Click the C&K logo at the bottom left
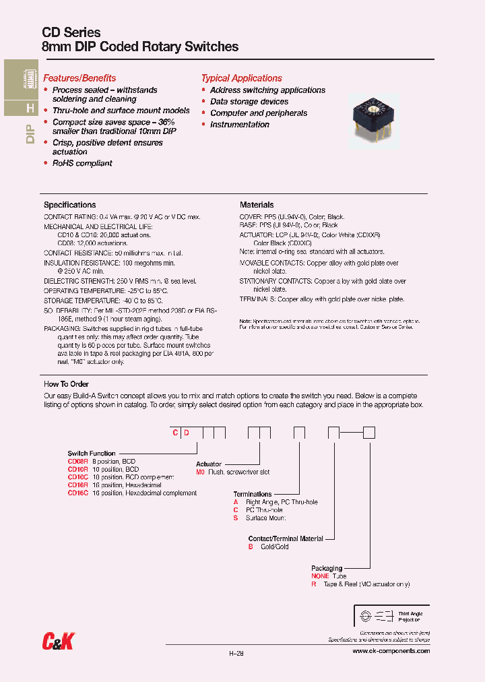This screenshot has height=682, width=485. (57, 643)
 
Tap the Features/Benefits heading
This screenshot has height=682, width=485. (79, 78)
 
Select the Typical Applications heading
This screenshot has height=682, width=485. (241, 78)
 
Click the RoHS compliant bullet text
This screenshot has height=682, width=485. (82, 163)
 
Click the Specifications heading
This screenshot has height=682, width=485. (69, 205)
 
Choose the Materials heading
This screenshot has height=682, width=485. (257, 205)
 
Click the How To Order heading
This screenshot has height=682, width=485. (66, 383)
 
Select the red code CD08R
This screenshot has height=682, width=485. (78, 462)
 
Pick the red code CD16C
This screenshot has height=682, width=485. (78, 493)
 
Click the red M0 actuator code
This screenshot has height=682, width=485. (200, 472)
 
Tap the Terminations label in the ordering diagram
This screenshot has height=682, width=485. (253, 494)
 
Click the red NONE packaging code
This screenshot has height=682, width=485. (320, 576)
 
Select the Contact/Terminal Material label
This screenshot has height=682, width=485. (286, 538)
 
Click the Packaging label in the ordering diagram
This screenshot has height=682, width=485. (327, 568)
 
